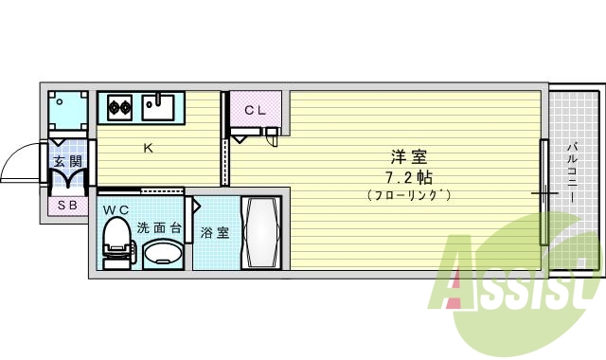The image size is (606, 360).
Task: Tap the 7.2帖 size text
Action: click(x=409, y=177)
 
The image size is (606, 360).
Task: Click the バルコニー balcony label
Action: click(x=574, y=171)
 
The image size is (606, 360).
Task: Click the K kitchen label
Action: click(x=148, y=147)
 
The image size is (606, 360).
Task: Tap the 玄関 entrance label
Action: click(x=67, y=162)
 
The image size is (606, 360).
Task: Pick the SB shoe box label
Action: click(x=67, y=206)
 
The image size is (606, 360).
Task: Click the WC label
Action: click(x=116, y=209)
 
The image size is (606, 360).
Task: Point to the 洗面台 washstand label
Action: click(x=158, y=227)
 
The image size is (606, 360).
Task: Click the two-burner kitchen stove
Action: click(x=120, y=107)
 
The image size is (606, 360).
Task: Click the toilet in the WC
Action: click(x=116, y=242)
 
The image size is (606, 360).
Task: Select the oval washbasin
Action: click(x=163, y=253)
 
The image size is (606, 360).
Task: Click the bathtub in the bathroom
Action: click(x=260, y=232)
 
